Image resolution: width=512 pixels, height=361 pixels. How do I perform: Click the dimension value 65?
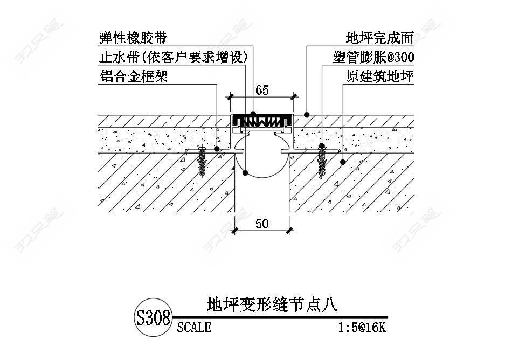click(262, 90)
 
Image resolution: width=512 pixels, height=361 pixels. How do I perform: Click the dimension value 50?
click(262, 223)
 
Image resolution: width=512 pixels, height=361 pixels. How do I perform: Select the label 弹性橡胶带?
click(133, 38)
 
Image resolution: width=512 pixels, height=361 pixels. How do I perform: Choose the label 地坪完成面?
click(379, 38)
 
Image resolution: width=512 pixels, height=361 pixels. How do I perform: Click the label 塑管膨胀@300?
click(373, 57)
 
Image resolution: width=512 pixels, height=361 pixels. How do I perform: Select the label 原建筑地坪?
click(379, 77)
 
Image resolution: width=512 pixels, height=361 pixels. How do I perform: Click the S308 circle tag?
click(153, 317)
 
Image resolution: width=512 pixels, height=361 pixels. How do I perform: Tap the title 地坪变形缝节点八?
click(272, 305)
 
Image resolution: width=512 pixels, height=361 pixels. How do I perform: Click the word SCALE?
click(194, 327)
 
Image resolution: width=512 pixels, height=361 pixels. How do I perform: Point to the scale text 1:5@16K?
click(362, 327)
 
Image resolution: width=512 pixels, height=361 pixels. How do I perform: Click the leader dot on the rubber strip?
click(253, 114)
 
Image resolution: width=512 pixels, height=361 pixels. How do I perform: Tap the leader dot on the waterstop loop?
click(245, 173)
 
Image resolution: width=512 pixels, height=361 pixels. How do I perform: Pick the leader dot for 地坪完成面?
click(307, 114)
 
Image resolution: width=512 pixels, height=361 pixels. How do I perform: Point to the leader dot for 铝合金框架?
click(217, 148)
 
